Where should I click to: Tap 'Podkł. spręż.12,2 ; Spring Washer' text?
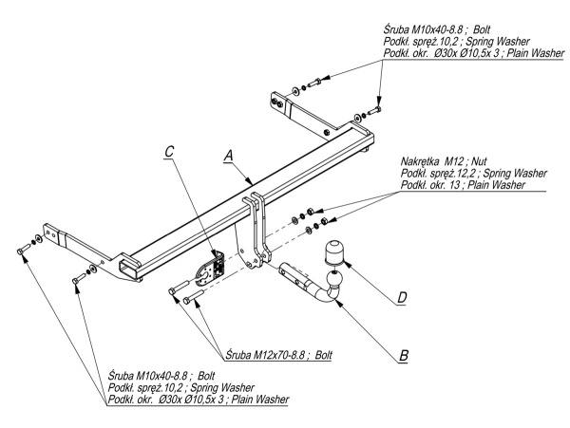click(x=473, y=174)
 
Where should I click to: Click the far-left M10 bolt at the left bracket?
click(x=22, y=249)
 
